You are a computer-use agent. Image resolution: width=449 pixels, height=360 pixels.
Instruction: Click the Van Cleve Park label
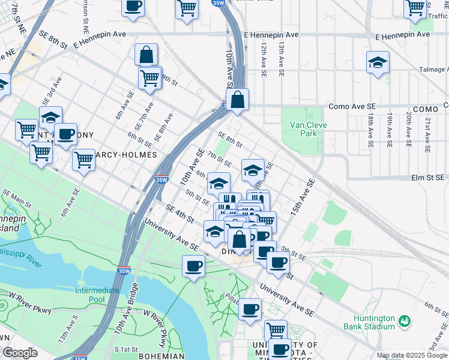click(303, 129)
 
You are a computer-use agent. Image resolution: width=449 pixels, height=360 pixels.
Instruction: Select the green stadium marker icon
click(405, 322)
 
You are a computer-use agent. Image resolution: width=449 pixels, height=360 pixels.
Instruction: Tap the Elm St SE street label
click(427, 178)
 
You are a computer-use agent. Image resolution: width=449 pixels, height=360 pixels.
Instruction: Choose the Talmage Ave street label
click(433, 70)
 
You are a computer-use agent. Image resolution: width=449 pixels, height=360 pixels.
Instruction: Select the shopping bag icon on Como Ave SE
click(238, 100)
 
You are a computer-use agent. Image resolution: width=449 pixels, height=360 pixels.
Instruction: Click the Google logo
click(20, 353)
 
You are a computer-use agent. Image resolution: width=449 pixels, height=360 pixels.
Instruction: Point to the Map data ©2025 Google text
click(412, 355)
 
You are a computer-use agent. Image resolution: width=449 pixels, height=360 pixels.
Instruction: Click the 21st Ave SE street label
click(427, 131)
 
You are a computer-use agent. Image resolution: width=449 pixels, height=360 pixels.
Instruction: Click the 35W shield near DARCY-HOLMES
click(160, 179)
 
